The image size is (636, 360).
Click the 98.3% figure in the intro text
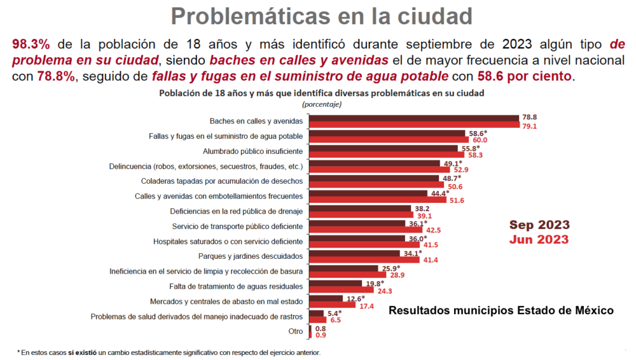pyautogui.click(x=30, y=45)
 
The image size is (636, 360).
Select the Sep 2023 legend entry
pyautogui.click(x=539, y=225)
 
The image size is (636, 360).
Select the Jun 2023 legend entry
pyautogui.click(x=539, y=238)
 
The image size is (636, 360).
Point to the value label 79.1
pyautogui.click(x=529, y=125)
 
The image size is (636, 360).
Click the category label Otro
pyautogui.click(x=295, y=331)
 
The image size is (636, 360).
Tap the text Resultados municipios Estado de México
pyautogui.click(x=501, y=310)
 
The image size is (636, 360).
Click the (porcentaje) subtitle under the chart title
pyautogui.click(x=321, y=104)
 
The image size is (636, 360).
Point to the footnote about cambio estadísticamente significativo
pyautogui.click(x=169, y=353)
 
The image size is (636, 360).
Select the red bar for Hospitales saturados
pyautogui.click(x=366, y=245)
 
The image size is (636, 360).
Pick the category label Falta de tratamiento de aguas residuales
pyautogui.click(x=236, y=286)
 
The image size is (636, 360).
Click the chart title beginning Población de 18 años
pyautogui.click(x=321, y=93)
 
